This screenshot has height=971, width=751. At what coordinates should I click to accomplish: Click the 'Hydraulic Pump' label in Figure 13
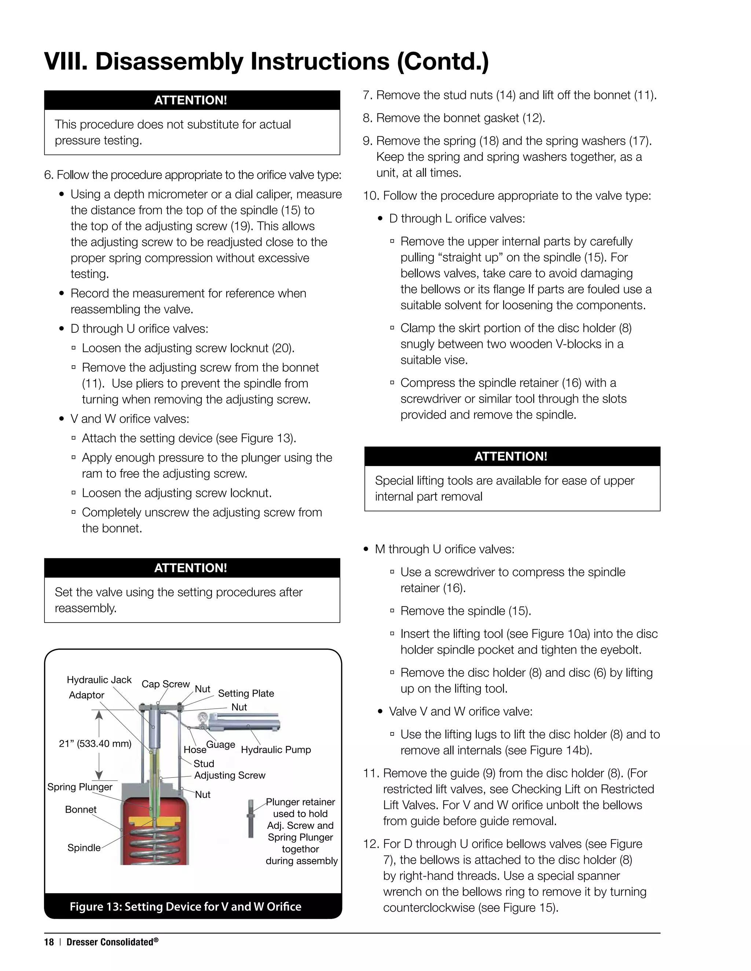[276, 750]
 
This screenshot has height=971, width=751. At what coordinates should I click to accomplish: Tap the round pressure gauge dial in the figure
[204, 717]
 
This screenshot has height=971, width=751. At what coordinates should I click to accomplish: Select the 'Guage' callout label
[220, 744]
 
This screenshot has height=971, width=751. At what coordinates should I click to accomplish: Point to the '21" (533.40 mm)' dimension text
[95, 743]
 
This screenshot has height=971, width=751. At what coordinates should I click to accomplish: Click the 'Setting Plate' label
[246, 693]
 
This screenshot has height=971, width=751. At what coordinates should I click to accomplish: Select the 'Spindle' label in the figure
[84, 848]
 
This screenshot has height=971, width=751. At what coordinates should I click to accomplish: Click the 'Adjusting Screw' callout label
[230, 775]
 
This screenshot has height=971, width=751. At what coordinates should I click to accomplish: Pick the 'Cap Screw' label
[165, 684]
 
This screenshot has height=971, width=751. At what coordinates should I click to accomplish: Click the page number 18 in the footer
[49, 942]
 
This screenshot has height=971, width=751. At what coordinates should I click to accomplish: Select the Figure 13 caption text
[185, 907]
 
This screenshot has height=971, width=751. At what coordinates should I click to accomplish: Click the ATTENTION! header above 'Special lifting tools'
[512, 456]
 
